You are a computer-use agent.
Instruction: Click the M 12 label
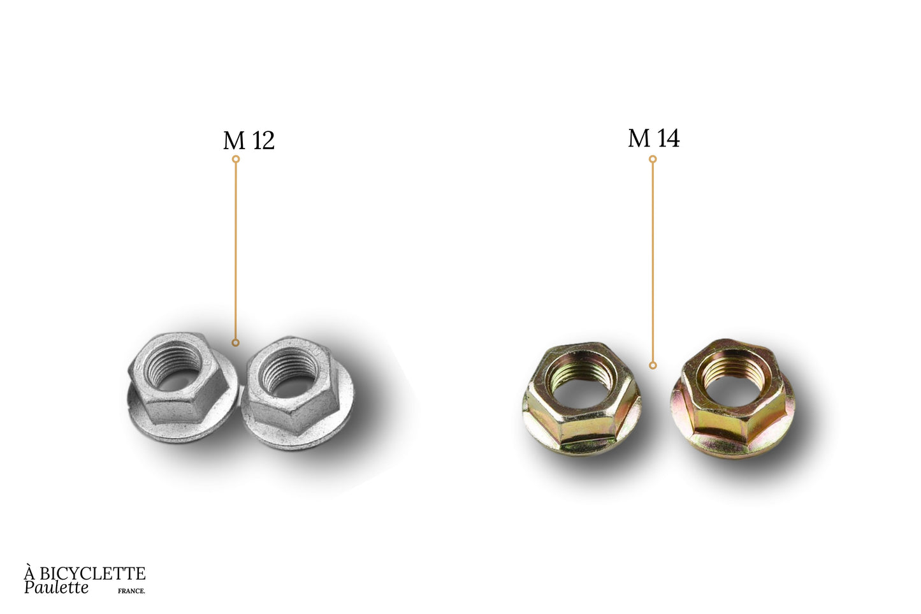[249, 140]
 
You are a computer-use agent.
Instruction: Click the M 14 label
[654, 138]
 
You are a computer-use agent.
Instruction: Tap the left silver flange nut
[182, 387]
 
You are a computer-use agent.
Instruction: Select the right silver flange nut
[297, 392]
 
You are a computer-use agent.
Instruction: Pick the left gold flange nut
[581, 399]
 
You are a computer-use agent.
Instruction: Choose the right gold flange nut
[733, 398]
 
